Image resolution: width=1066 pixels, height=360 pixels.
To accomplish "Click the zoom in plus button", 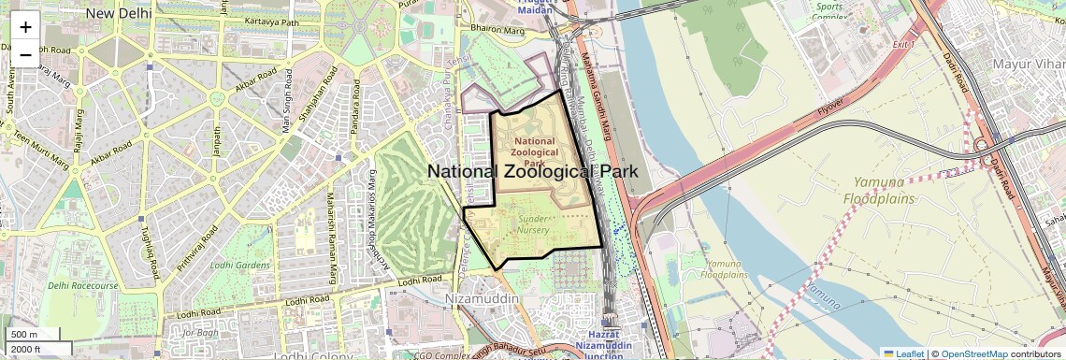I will click(25, 27).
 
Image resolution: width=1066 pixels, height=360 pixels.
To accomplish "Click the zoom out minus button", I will click(25, 54).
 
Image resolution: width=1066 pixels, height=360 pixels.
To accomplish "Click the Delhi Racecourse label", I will click(83, 285).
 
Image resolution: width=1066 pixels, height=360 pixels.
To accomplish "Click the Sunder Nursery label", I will click(534, 224).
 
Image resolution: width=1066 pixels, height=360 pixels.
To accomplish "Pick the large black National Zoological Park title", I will click(532, 171).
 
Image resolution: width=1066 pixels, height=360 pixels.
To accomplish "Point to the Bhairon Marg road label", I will click(501, 31).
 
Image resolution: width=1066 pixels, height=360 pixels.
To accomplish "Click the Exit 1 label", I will click(902, 44).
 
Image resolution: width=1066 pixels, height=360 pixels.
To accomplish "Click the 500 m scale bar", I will click(24, 334).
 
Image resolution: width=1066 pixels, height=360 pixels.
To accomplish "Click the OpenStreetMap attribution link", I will click(973, 353).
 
